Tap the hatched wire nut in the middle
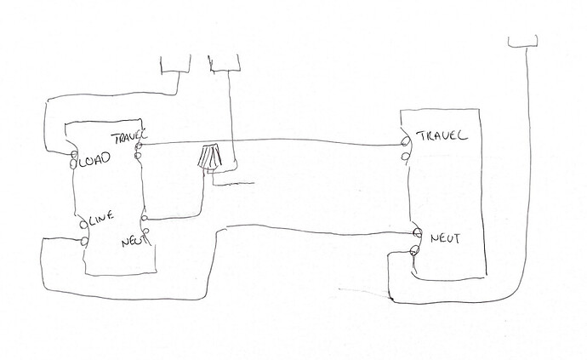pyautogui.click(x=209, y=157)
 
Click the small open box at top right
pyautogui.click(x=523, y=41)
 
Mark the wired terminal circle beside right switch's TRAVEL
pyautogui.click(x=406, y=144)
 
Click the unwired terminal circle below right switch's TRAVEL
pyautogui.click(x=407, y=155)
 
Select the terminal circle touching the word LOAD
pyautogui.click(x=74, y=158)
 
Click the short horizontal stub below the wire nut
pyautogui.click(x=235, y=183)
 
